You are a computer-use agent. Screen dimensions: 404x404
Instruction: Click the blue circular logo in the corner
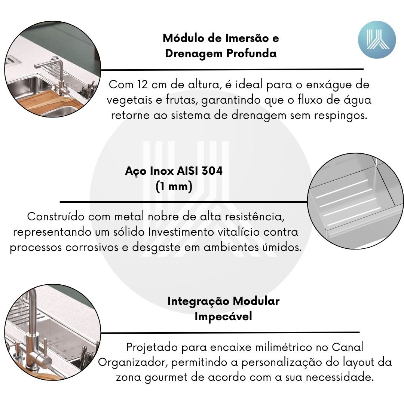377,40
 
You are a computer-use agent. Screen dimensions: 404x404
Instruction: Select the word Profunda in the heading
251,53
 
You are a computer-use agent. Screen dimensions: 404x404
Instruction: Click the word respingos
340,115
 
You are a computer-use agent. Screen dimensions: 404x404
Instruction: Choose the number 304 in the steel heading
212,171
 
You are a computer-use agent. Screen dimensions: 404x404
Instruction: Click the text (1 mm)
174,186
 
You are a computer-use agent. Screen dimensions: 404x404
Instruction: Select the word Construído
56,217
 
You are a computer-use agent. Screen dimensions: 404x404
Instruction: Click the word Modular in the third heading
256,301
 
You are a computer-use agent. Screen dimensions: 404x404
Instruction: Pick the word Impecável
223,316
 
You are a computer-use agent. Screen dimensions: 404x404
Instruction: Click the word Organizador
133,362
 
